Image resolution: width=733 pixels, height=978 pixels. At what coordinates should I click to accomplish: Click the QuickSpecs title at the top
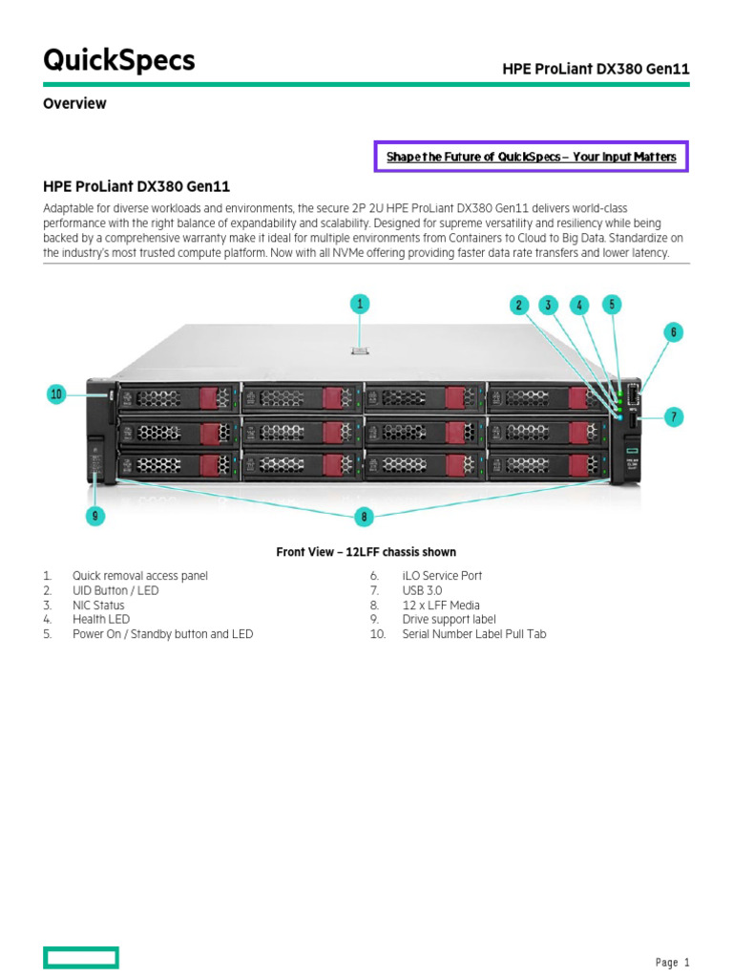click(x=119, y=61)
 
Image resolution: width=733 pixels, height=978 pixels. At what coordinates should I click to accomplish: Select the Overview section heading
click(x=74, y=103)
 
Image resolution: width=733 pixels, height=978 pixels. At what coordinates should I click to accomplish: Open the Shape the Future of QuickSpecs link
click(x=531, y=157)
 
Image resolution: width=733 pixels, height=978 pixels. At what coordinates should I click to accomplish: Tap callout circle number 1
click(x=359, y=305)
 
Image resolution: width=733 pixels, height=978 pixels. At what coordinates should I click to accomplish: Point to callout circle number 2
click(x=519, y=306)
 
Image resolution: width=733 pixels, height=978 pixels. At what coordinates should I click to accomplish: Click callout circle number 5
click(x=612, y=305)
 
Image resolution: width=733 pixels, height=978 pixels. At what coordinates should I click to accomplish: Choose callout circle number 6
click(x=674, y=332)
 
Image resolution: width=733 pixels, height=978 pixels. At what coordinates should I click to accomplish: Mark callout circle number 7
click(x=674, y=416)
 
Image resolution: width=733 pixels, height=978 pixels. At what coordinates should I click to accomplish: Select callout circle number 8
click(x=363, y=517)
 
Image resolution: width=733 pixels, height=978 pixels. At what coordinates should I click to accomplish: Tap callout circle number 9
click(x=94, y=516)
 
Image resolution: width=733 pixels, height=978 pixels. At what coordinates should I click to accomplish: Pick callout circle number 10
click(x=56, y=393)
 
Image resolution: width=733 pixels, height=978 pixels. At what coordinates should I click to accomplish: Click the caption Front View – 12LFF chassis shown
click(x=366, y=552)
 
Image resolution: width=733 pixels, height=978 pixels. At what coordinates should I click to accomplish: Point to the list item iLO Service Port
click(x=442, y=576)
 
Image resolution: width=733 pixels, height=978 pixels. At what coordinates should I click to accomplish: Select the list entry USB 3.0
click(x=422, y=591)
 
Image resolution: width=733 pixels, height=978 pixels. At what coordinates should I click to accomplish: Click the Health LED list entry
click(x=101, y=620)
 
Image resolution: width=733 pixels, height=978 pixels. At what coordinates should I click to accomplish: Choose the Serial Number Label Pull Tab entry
click(x=474, y=634)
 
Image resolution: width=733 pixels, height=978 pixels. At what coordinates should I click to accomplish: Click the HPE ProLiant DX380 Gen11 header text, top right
click(x=596, y=69)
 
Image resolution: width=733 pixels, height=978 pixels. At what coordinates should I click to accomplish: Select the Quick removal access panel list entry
click(x=139, y=576)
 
